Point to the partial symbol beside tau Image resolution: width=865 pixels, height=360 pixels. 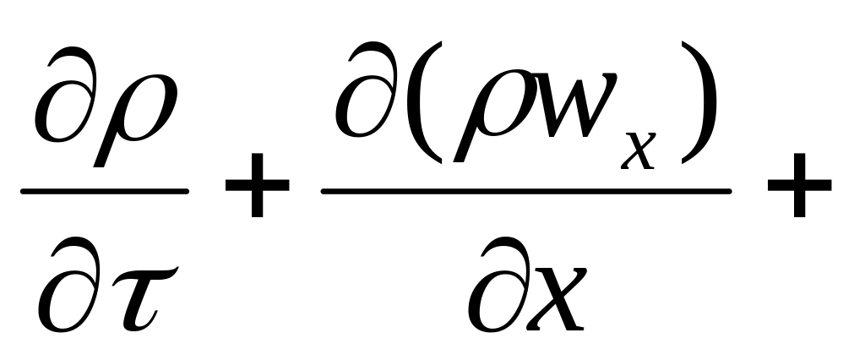63,286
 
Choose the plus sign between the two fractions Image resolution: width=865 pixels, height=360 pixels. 256,192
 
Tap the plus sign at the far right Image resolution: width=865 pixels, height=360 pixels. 798,192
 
